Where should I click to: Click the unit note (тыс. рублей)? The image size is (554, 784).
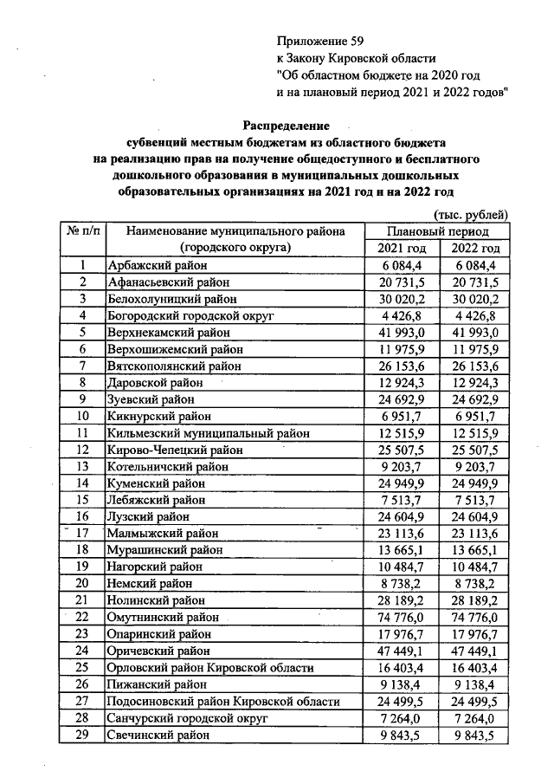click(468, 215)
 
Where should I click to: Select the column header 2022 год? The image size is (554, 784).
click(475, 249)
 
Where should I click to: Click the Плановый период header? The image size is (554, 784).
click(438, 231)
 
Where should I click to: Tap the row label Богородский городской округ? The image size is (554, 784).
click(190, 316)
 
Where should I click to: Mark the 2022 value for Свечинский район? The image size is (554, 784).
click(474, 735)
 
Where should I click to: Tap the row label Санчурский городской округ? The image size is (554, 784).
click(185, 718)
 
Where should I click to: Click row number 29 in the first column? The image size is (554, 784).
click(83, 735)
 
